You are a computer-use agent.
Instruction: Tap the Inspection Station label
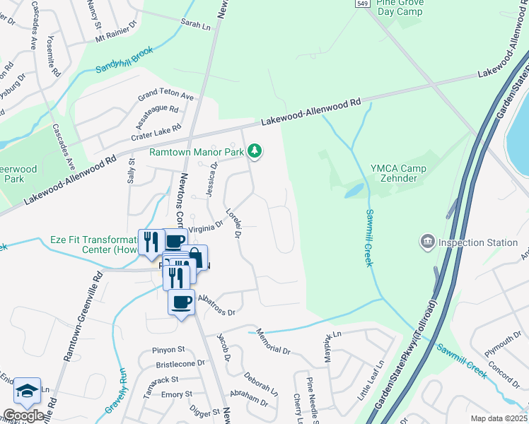pyautogui.click(x=477, y=242)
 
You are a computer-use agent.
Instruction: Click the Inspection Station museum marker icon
pyautogui.click(x=427, y=243)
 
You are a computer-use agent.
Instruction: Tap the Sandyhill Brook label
pyautogui.click(x=124, y=62)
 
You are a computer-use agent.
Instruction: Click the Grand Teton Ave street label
pyautogui.click(x=165, y=94)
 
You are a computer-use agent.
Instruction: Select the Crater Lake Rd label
pyautogui.click(x=156, y=132)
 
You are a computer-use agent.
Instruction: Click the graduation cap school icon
pyautogui.click(x=26, y=391)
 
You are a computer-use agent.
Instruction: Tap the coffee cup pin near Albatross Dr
pyautogui.click(x=182, y=302)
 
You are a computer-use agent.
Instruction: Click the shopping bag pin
pyautogui.click(x=196, y=258)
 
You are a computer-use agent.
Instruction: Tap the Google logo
pyautogui.click(x=24, y=416)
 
